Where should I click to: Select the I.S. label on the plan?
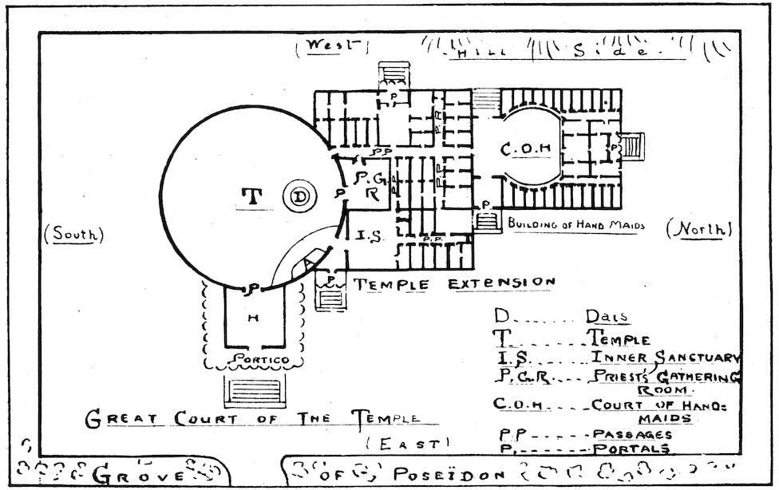tap(366, 236)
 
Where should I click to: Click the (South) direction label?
tap(75, 235)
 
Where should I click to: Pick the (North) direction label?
tap(699, 230)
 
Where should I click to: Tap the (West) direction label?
tap(329, 47)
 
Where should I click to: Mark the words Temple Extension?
tap(453, 283)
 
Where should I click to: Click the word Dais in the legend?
tap(607, 317)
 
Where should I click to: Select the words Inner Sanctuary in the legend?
tap(665, 358)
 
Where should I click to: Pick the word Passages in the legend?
tap(632, 435)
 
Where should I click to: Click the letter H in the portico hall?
tap(251, 318)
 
